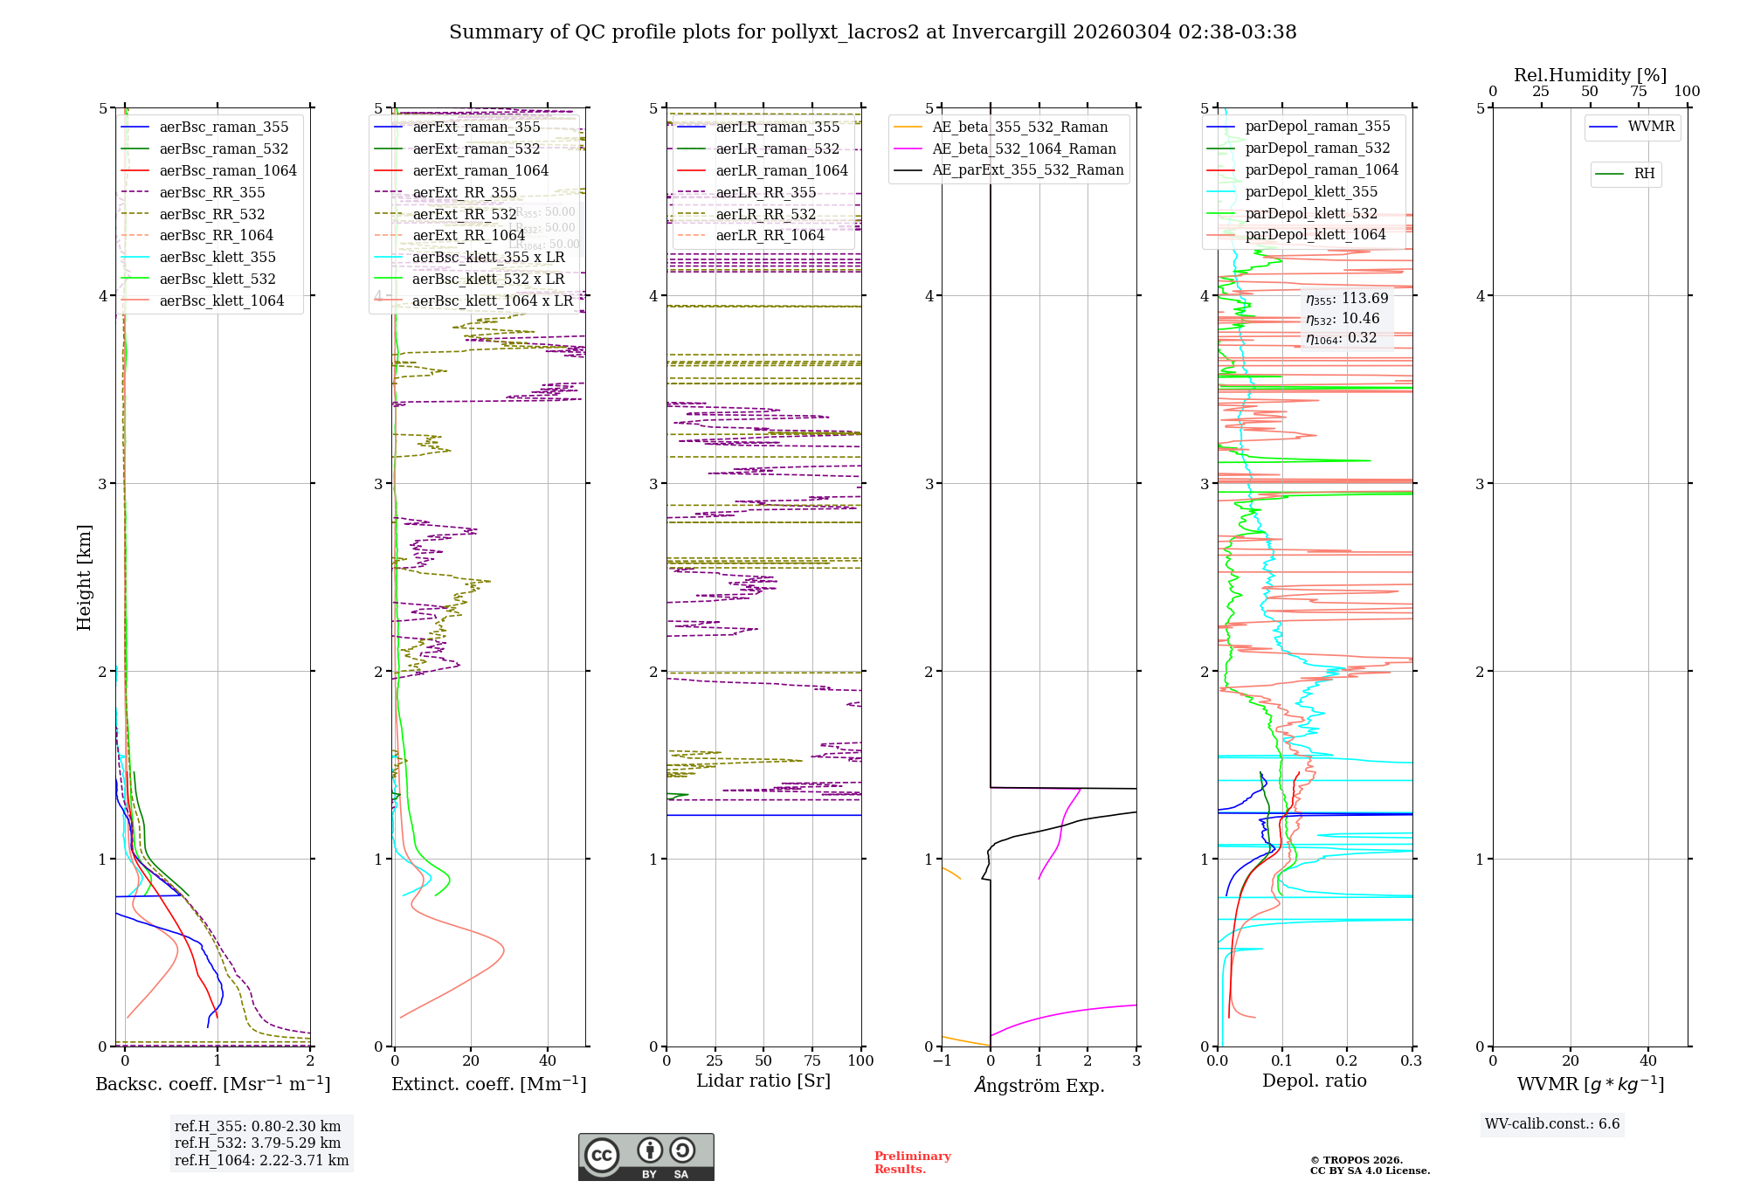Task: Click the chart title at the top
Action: coord(873,32)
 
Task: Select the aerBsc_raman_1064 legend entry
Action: coord(227,170)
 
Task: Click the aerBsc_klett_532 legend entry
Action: coord(217,279)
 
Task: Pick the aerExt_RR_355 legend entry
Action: coord(464,192)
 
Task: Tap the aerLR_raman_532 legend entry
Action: coord(777,148)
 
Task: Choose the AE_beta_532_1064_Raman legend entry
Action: coord(1023,148)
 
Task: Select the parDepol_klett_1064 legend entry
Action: coord(1315,234)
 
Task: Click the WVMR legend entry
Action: coord(1650,127)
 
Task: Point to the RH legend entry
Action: coord(1644,174)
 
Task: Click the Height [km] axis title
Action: coord(84,577)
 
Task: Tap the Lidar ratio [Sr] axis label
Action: coord(763,1081)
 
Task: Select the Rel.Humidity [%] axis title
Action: coord(1590,75)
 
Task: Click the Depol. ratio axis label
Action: coord(1314,1081)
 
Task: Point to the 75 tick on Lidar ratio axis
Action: coord(812,1060)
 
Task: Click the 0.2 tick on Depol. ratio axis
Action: coord(1347,1060)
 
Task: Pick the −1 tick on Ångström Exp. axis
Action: coord(941,1060)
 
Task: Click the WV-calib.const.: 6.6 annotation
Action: coord(1552,1123)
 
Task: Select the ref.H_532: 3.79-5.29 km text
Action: coord(258,1143)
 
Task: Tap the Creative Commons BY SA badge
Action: coord(646,1157)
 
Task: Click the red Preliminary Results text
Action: coord(912,1162)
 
